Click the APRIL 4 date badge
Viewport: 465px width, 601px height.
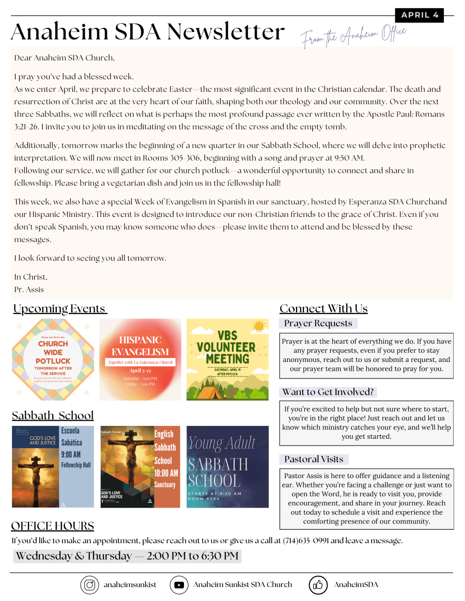pos(419,15)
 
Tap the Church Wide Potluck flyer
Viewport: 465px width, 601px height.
pos(53,359)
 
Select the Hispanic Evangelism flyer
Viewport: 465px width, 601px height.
pos(140,359)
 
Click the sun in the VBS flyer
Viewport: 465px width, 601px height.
pos(259,326)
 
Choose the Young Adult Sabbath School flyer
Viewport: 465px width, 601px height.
pos(227,467)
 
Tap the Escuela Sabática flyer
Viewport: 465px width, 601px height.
pos(53,467)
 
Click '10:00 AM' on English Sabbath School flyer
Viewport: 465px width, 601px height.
pos(166,473)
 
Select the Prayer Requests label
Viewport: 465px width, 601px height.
pos(318,324)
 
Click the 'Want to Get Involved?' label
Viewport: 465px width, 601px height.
pos(328,392)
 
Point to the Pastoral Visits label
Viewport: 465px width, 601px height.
pos(314,459)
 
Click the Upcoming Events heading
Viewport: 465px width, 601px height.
pos(59,309)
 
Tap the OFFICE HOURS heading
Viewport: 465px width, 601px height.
pos(53,526)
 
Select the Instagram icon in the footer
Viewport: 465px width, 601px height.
pos(89,585)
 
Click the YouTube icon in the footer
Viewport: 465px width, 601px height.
pos(179,585)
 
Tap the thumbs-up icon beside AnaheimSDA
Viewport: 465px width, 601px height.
pos(318,585)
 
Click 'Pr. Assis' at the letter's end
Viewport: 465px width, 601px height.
pos(29,290)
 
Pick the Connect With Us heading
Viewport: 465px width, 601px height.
pos(323,309)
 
